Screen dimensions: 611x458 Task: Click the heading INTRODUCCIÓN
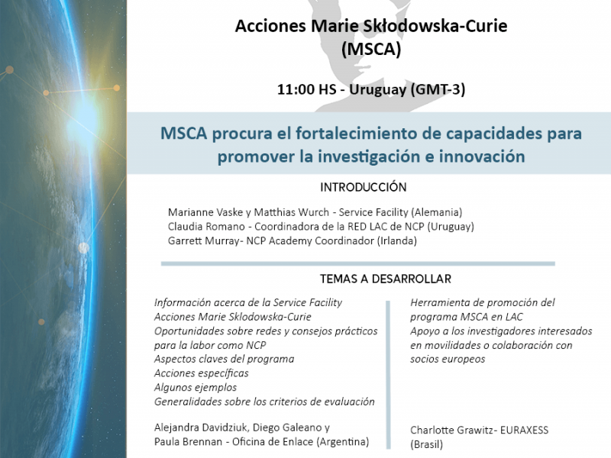364,187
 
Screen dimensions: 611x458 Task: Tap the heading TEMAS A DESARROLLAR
386,279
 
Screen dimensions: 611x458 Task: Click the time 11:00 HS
306,89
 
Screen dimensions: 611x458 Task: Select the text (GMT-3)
438,90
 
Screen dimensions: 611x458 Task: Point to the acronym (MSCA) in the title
371,50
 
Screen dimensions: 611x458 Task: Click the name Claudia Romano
206,227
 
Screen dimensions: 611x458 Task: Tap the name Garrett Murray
203,241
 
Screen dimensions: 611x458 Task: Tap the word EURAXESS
524,431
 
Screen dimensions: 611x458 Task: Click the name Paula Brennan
186,442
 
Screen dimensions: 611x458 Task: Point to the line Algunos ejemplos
196,388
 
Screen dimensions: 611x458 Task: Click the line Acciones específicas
202,373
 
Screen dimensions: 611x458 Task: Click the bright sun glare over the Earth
83,118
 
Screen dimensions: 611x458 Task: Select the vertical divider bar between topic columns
388,375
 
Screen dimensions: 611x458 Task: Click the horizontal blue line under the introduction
357,263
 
